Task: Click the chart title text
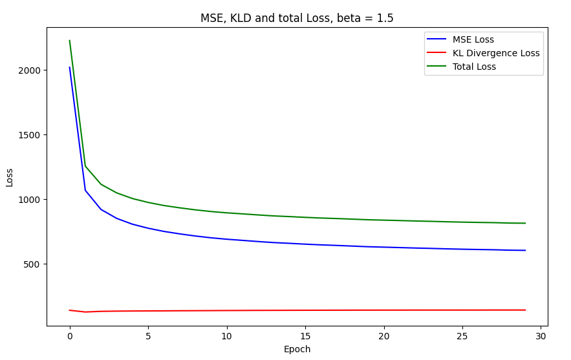pos(297,18)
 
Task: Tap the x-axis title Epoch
pos(297,349)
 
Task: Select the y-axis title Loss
pos(10,177)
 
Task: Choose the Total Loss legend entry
pos(475,67)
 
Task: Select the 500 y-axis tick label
pos(32,264)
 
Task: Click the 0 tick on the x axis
pos(70,336)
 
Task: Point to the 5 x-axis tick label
pos(148,336)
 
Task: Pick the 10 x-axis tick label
pos(227,336)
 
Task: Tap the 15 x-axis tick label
pos(305,336)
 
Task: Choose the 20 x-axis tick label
pos(384,336)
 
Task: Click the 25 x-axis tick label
pos(462,336)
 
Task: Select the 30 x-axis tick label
pos(541,336)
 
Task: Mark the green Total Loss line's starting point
pos(70,41)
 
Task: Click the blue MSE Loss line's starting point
pos(70,67)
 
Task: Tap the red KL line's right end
pos(525,310)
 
